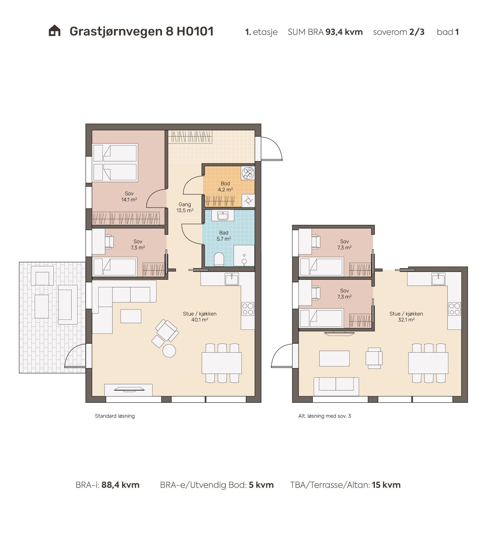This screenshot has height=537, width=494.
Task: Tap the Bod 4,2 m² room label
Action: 225,186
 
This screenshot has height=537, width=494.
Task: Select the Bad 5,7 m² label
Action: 224,236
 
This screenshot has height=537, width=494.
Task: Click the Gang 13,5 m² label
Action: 185,207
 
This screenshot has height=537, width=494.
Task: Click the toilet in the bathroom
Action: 219,259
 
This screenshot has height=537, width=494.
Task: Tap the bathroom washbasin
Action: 223,215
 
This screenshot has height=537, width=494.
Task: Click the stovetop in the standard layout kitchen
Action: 248,309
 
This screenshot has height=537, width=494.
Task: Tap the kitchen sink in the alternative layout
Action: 438,279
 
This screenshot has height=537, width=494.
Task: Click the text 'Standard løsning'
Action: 115,416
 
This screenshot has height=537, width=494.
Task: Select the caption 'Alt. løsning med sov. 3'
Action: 325,416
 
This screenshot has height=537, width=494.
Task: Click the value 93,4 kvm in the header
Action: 344,32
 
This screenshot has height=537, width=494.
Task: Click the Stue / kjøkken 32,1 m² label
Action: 406,317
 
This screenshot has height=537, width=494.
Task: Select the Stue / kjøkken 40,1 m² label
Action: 200,317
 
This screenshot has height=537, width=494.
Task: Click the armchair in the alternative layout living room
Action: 374,358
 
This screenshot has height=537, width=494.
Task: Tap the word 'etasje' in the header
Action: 265,32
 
